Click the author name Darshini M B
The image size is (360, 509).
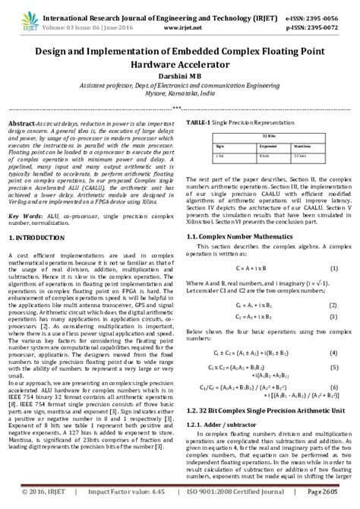(180, 76)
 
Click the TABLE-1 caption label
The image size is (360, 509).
(200, 122)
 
